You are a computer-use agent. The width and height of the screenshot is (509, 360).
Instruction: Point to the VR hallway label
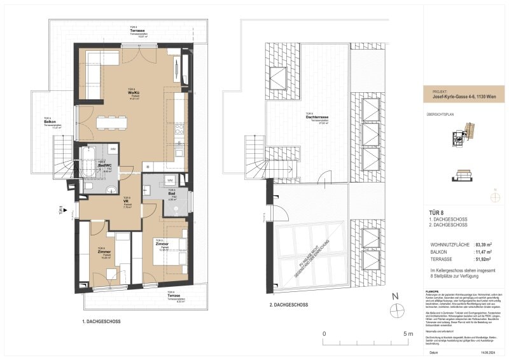tap(127, 202)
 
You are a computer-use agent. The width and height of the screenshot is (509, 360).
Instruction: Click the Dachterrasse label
tap(316, 118)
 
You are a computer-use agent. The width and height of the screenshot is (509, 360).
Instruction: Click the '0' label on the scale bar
tap(324, 333)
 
